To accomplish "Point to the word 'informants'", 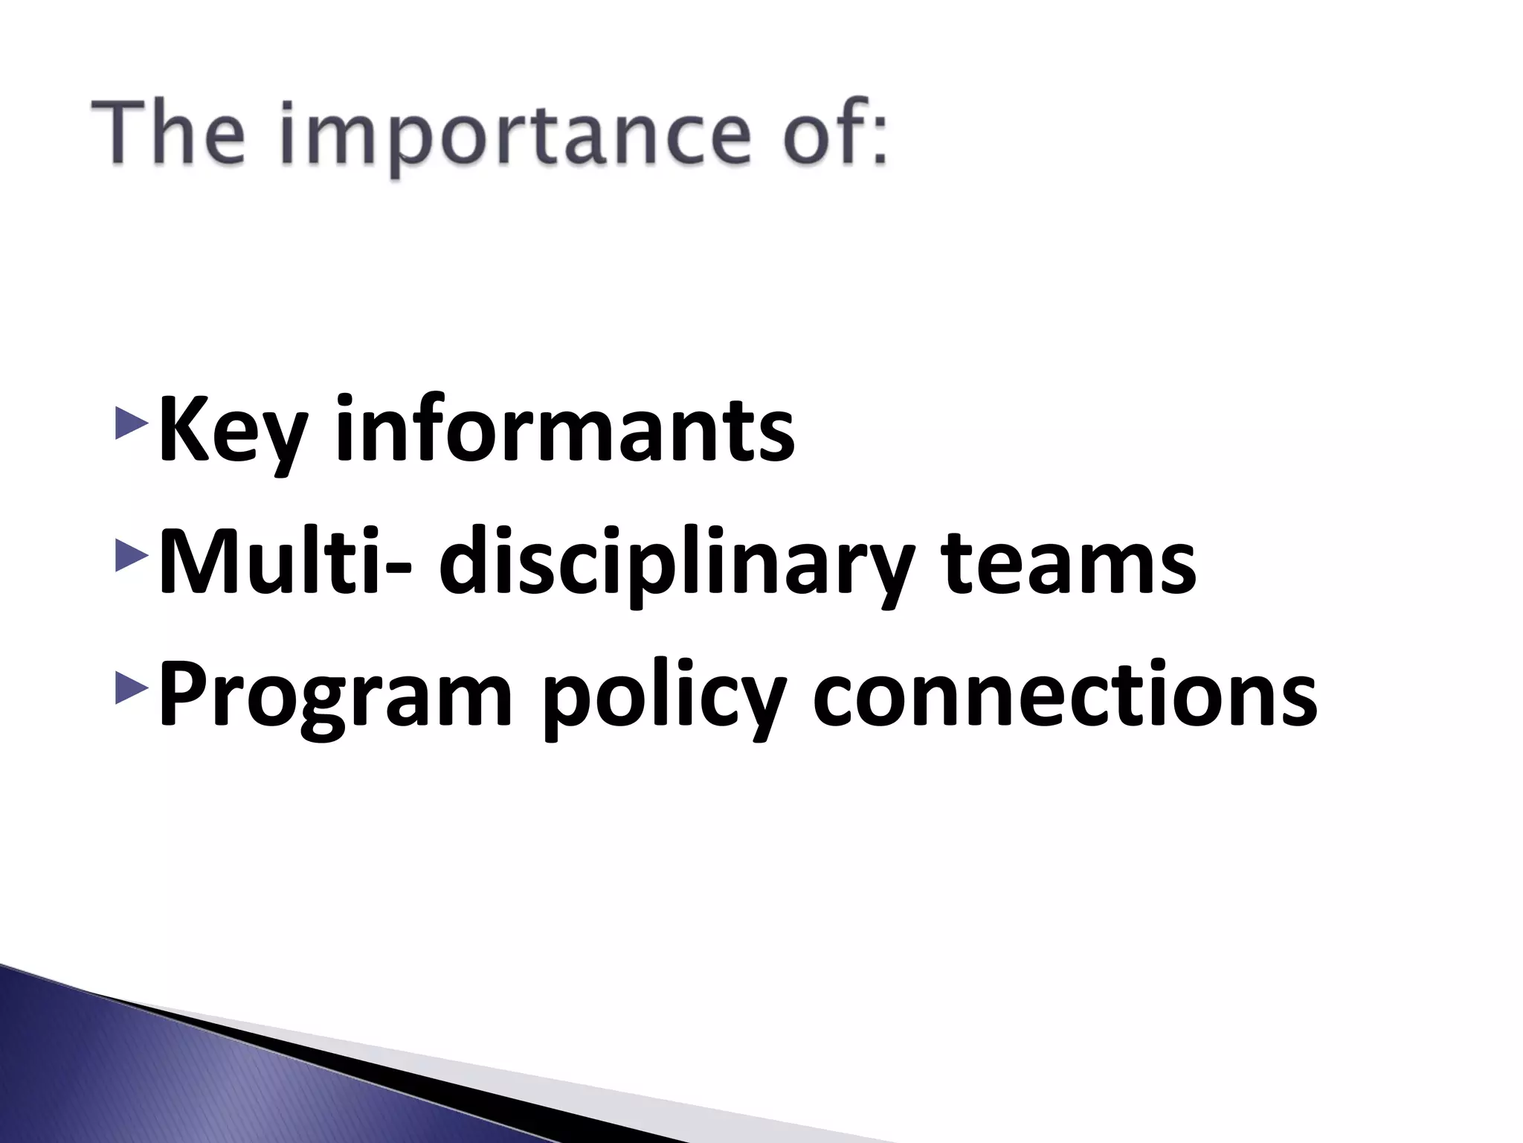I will (565, 429).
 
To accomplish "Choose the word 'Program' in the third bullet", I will (335, 697).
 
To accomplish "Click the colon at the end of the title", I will (879, 141).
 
